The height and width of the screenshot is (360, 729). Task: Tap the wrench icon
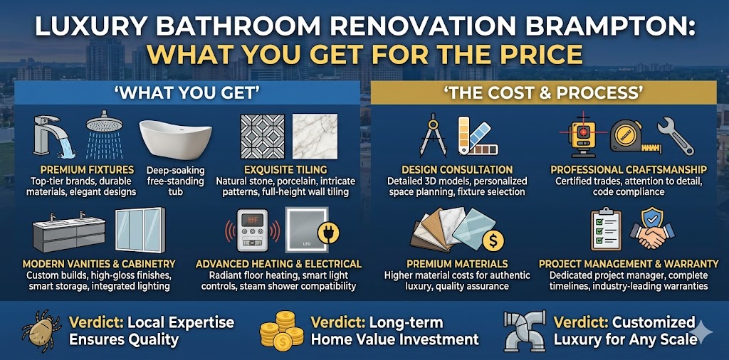pyautogui.click(x=677, y=135)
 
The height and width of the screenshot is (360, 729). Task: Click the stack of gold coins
pyautogui.click(x=279, y=331)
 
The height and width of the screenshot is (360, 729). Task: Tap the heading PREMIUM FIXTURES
pyautogui.click(x=87, y=170)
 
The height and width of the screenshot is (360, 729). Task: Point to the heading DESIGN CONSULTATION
pyautogui.click(x=457, y=170)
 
